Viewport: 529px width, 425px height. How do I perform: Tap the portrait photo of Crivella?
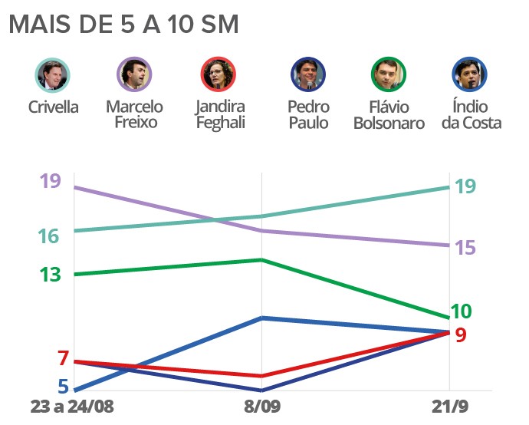(x=53, y=75)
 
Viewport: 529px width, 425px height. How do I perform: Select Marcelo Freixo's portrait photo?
(x=134, y=75)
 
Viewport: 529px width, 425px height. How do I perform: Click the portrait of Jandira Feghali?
(x=220, y=75)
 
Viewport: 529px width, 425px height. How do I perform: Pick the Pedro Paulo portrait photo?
(x=308, y=75)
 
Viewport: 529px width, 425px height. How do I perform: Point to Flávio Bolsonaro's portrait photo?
(x=389, y=75)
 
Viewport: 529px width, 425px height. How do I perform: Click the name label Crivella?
(x=53, y=107)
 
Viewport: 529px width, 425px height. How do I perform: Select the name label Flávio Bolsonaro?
(x=389, y=114)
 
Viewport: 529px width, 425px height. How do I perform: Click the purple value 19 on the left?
(x=50, y=182)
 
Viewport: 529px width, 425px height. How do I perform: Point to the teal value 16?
(x=48, y=236)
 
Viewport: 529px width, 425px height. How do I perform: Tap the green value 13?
(x=50, y=275)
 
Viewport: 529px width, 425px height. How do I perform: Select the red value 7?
(x=63, y=358)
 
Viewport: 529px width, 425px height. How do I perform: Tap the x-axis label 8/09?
(x=262, y=407)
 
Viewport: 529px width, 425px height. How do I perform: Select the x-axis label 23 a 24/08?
(x=72, y=407)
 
